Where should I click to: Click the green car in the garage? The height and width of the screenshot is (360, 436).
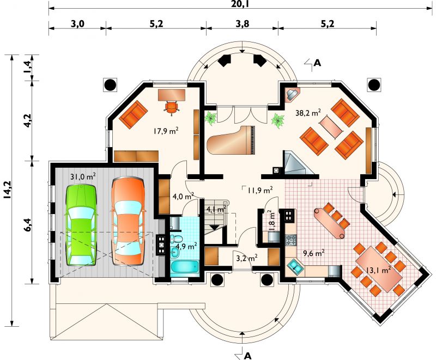81,225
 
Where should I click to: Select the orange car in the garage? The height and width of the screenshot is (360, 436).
128,221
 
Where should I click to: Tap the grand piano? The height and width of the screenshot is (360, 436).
231,141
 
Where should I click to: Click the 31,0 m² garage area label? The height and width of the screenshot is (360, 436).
83,176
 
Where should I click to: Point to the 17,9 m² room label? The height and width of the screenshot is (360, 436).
166,131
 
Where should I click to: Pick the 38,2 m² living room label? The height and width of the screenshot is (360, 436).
308,113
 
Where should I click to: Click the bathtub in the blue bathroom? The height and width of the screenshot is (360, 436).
184,267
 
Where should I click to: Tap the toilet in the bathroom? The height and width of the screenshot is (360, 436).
176,239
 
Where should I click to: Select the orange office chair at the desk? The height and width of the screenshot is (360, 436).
172,107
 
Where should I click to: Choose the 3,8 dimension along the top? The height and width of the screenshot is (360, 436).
243,24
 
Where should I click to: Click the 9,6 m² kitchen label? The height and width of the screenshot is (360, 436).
313,253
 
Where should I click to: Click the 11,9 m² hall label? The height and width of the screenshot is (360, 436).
260,190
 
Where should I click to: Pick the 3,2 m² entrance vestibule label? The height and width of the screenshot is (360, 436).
246,258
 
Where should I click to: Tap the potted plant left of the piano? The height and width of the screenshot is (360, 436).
211,118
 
